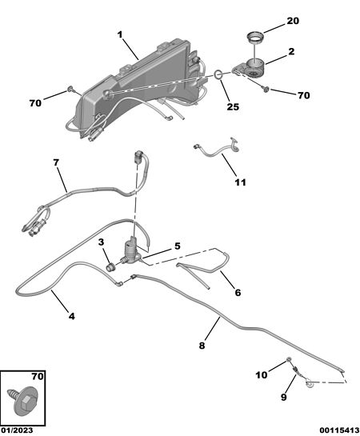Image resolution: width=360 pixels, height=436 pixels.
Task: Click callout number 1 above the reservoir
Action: [120, 35]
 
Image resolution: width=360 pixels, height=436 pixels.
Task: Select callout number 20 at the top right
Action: [293, 21]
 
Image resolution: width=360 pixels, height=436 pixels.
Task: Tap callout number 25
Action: [233, 106]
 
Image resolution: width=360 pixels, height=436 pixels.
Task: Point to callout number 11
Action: [241, 182]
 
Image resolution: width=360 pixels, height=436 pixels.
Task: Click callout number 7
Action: [57, 162]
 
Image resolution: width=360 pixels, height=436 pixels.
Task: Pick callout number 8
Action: [202, 346]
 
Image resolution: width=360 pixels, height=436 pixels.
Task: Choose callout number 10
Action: [262, 375]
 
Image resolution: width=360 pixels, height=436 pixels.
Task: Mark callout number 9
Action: [283, 397]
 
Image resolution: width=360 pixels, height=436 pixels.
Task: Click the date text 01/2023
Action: [17, 430]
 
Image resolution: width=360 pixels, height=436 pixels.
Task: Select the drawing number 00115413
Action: [339, 430]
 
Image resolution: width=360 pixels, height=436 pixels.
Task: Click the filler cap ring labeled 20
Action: [255, 38]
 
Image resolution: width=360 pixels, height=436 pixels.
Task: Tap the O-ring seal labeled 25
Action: [218, 74]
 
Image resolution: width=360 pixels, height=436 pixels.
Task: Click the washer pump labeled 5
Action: [131, 251]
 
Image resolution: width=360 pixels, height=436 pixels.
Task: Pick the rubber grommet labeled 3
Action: [111, 267]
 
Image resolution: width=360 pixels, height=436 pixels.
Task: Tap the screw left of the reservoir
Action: [70, 89]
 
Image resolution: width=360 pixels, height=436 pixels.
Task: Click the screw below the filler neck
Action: [266, 90]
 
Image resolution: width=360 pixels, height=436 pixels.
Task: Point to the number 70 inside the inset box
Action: [38, 377]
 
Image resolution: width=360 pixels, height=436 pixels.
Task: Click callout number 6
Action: [238, 293]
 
